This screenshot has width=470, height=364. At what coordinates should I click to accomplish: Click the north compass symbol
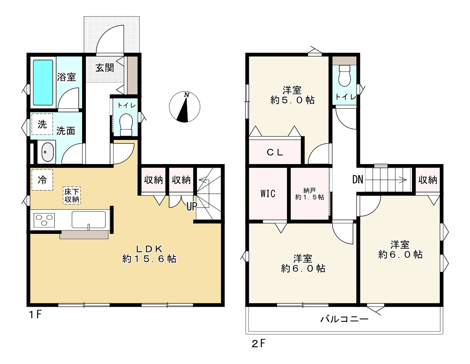[184, 107]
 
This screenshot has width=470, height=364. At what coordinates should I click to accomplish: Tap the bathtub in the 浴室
[43, 82]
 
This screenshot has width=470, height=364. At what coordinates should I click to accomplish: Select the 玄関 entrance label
[104, 68]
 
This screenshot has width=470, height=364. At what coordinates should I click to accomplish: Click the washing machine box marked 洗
[42, 124]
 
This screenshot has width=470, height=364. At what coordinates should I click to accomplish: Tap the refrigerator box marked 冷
[42, 180]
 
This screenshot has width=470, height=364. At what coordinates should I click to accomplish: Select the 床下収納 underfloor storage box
[72, 195]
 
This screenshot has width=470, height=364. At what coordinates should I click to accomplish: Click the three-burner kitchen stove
[44, 220]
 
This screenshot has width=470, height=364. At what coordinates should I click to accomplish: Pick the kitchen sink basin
[89, 220]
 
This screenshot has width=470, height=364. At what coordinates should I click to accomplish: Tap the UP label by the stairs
[192, 207]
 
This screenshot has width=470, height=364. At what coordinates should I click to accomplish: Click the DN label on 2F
[357, 180]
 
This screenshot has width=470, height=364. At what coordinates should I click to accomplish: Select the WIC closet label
[268, 194]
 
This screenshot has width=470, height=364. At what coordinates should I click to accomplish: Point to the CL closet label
[275, 152]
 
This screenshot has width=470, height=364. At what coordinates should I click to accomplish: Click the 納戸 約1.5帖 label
[309, 194]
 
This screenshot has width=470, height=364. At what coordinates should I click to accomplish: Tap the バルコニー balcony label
[344, 319]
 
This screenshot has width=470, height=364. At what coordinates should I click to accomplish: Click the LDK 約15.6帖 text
[149, 254]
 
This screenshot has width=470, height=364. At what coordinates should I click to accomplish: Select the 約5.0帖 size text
[292, 100]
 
